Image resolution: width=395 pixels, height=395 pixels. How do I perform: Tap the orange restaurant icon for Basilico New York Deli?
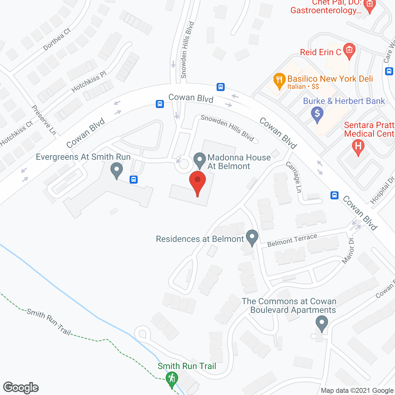(x=279, y=81)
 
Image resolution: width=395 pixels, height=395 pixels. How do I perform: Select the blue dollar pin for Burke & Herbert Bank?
(x=317, y=114)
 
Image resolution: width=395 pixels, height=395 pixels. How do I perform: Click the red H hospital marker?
(x=358, y=147)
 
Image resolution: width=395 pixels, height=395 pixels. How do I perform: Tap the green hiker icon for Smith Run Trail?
(x=172, y=379)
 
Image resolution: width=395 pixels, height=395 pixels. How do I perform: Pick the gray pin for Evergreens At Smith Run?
(x=117, y=170)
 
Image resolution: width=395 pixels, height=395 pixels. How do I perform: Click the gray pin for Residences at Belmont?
(x=252, y=238)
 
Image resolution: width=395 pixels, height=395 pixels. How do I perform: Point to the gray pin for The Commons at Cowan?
(x=322, y=324)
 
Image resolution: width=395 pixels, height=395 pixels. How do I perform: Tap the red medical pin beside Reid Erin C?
(x=349, y=51)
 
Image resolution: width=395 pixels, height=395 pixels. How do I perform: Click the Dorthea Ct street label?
(x=57, y=39)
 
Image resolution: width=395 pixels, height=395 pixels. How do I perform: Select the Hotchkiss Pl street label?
(x=89, y=81)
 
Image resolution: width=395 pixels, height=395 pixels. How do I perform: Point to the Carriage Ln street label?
(x=293, y=177)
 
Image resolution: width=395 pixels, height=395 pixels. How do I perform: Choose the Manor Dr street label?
(x=348, y=251)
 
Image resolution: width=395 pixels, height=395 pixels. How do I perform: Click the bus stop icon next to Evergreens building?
(x=133, y=179)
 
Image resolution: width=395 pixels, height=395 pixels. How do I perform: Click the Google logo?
(x=21, y=388)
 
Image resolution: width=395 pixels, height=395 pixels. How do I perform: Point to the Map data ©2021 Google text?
(x=357, y=391)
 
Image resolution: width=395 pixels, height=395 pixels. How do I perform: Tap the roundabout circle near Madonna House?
(x=184, y=164)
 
